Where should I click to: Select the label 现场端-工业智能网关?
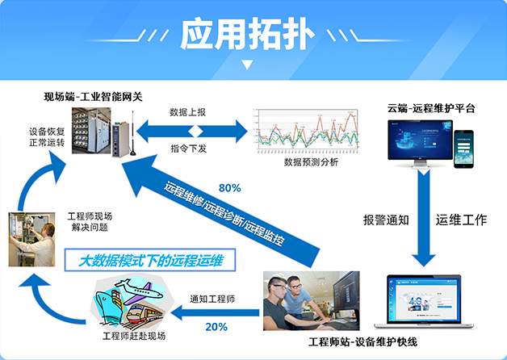point(93,97)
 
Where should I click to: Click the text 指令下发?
point(187,148)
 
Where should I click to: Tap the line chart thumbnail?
point(305,132)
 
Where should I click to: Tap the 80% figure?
point(230,188)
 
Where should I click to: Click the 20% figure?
point(216,327)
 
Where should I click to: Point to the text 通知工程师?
point(212,299)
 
